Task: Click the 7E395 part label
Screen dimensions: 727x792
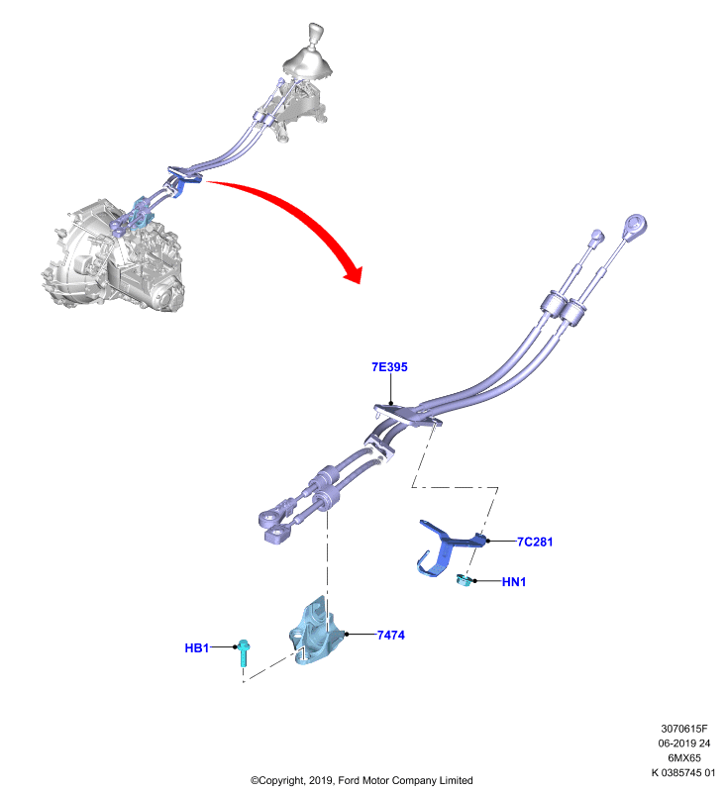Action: click(x=389, y=367)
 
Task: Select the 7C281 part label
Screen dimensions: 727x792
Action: click(x=535, y=542)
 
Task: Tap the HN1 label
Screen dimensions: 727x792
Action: click(x=514, y=582)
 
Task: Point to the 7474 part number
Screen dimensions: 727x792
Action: click(x=391, y=636)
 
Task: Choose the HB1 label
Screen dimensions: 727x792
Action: click(x=196, y=648)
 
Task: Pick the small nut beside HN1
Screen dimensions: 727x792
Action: click(x=464, y=580)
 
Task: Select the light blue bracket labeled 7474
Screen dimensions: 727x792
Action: click(x=317, y=632)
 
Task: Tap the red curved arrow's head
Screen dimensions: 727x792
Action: click(x=354, y=273)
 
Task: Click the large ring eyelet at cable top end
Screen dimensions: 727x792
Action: click(x=635, y=226)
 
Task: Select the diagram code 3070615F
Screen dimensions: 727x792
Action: click(x=684, y=729)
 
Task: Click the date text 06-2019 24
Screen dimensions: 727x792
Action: click(x=684, y=743)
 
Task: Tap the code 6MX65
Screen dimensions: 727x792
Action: click(x=684, y=757)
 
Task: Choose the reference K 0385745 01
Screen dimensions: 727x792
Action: click(x=683, y=772)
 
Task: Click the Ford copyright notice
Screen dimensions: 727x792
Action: click(x=362, y=780)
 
